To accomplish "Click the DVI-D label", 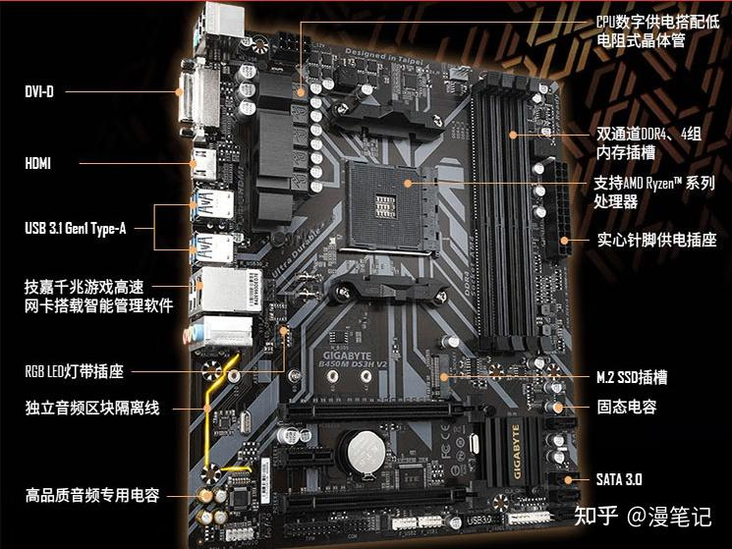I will pyautogui.click(x=39, y=91).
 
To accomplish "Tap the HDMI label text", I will pyautogui.click(x=38, y=163).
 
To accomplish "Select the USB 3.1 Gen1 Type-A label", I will pyautogui.click(x=76, y=229).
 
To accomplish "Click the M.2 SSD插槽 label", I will pyautogui.click(x=632, y=377).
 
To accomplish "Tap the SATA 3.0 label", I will pyautogui.click(x=619, y=479).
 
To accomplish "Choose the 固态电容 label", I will pyautogui.click(x=627, y=407).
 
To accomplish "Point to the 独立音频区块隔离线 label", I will pyautogui.click(x=91, y=408).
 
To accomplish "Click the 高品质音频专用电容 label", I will pyautogui.click(x=91, y=495).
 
